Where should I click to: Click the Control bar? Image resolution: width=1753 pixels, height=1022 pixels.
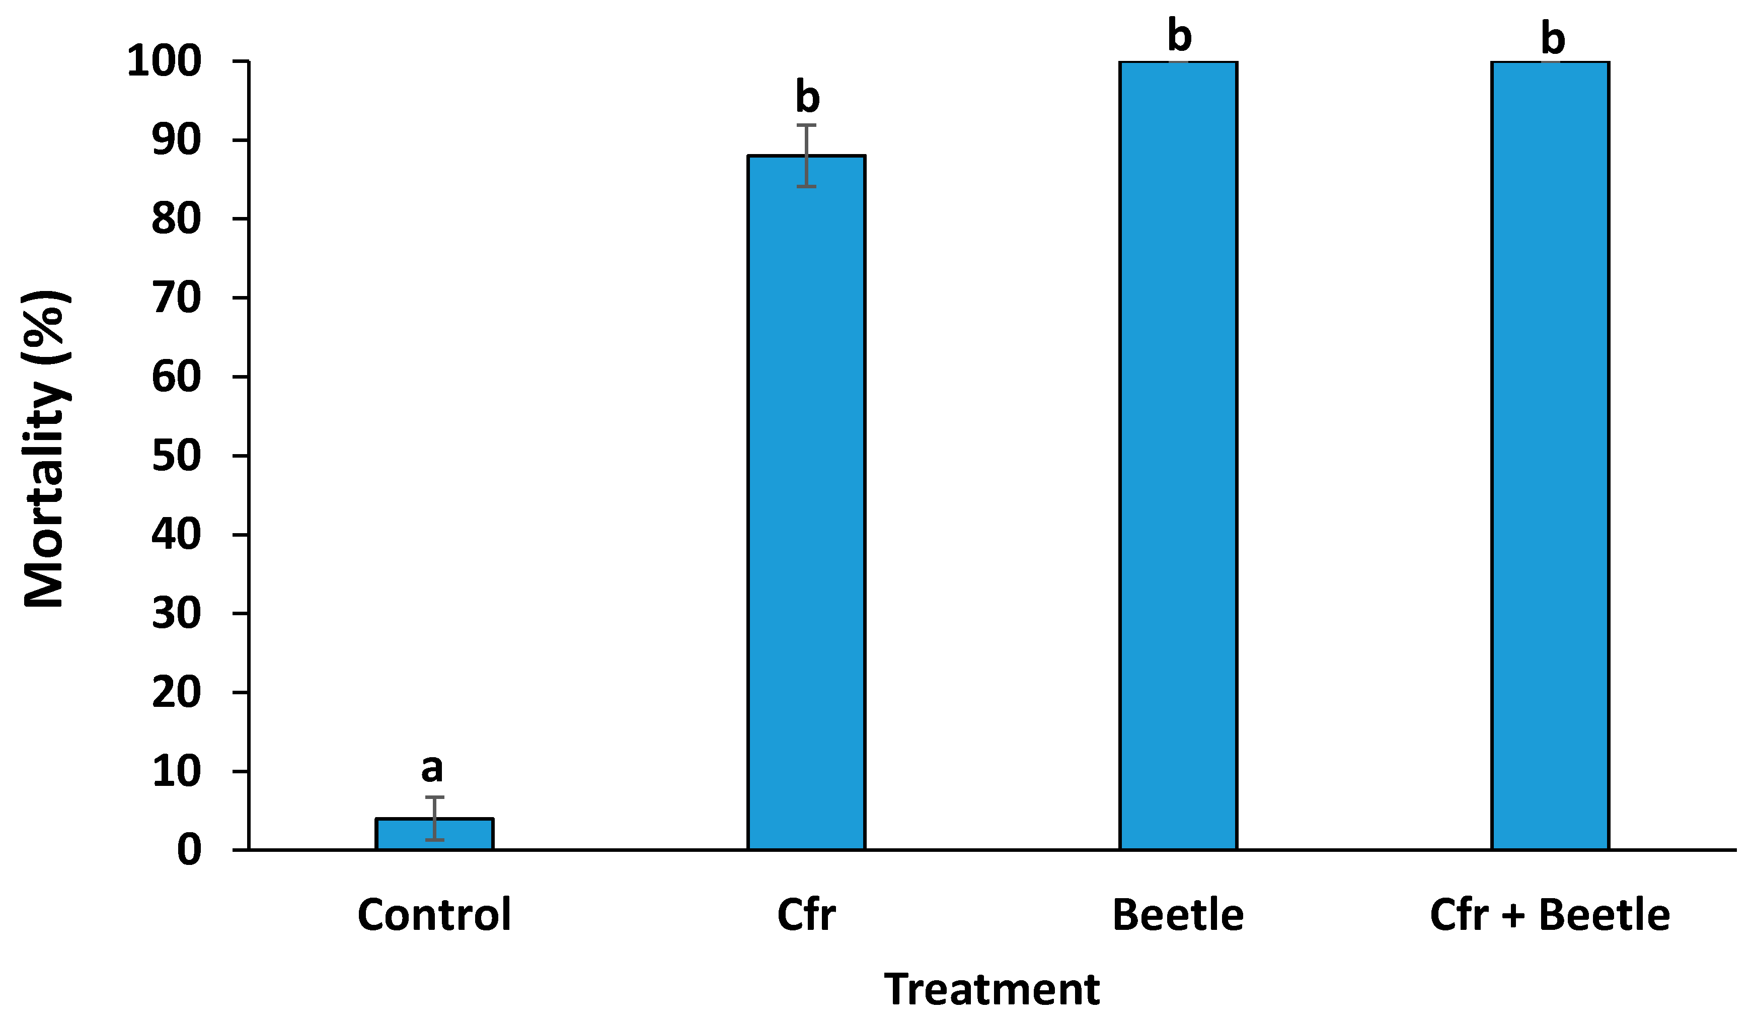(x=434, y=834)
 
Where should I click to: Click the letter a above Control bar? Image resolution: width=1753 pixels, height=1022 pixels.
(x=432, y=769)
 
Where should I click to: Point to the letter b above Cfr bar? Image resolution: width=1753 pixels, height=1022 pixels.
(x=807, y=97)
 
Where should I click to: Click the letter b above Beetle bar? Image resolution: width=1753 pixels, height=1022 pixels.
(x=1179, y=36)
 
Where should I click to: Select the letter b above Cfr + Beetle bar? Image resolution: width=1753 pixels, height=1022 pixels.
(x=1553, y=38)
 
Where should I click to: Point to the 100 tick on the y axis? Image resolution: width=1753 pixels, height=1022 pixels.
(x=164, y=61)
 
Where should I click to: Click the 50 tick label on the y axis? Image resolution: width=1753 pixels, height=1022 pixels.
(x=176, y=457)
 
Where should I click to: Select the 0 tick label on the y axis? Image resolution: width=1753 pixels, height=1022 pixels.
(x=189, y=850)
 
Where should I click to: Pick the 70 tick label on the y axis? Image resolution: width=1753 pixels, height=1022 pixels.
(x=176, y=299)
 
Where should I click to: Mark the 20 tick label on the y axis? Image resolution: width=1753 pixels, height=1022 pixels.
(x=176, y=693)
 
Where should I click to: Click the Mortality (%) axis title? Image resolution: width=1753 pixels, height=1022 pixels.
(x=45, y=449)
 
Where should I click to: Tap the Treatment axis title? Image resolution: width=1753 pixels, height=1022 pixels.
(x=992, y=989)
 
